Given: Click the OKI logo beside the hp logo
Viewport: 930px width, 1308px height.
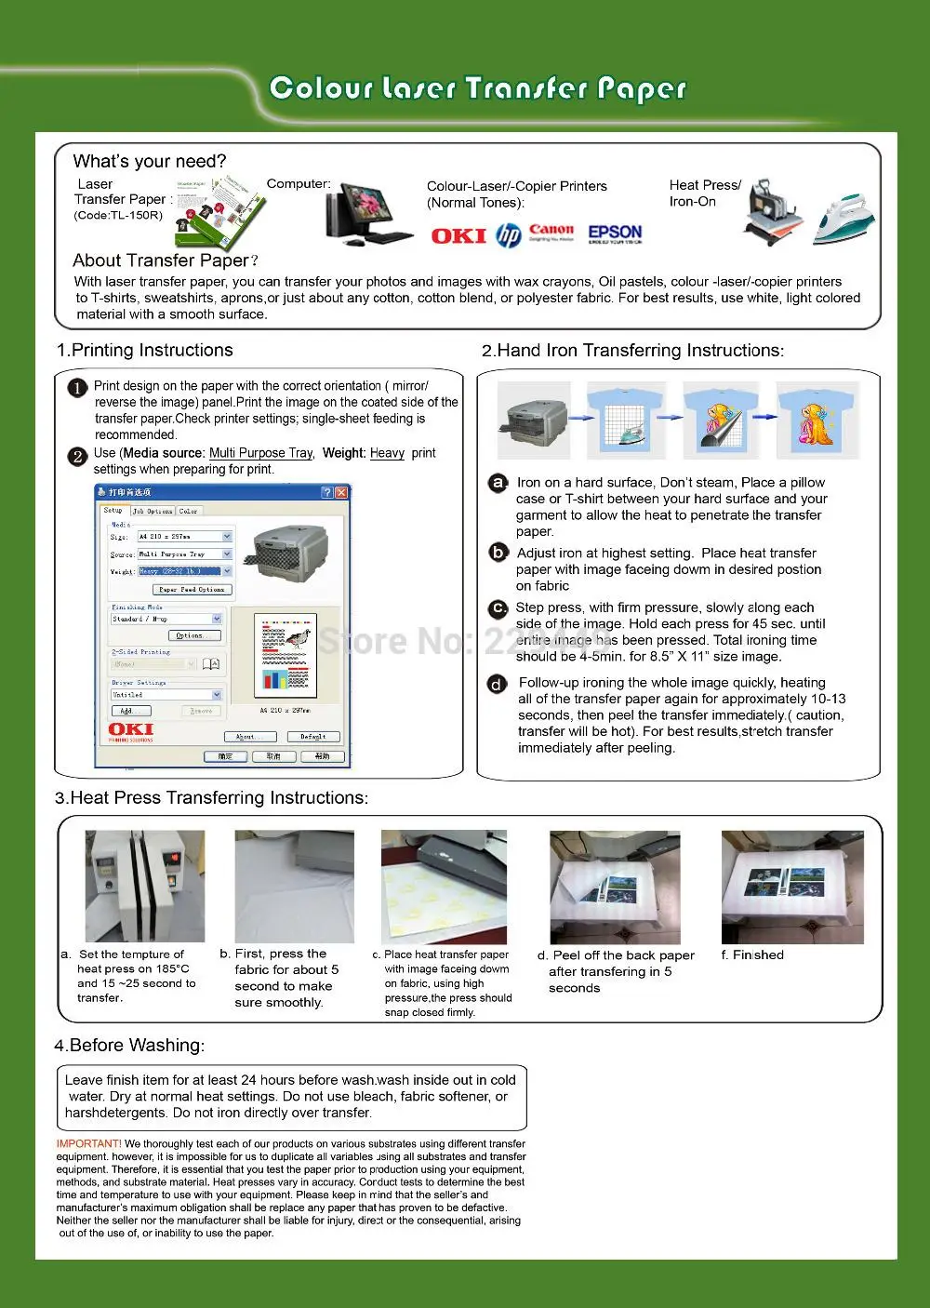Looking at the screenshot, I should pyautogui.click(x=458, y=236).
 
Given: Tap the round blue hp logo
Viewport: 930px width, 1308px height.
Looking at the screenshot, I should pyautogui.click(x=508, y=236).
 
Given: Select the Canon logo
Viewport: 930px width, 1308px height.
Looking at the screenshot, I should pyautogui.click(x=551, y=231).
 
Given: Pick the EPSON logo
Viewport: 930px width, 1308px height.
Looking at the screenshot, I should pyautogui.click(x=615, y=233).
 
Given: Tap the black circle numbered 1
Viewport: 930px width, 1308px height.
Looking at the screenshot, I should pyautogui.click(x=78, y=388).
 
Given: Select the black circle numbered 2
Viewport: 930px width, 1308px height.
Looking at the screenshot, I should pyautogui.click(x=78, y=456).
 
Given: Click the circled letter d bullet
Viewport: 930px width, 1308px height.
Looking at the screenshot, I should pyautogui.click(x=498, y=685).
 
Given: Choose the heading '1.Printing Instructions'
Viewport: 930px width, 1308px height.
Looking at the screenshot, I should pyautogui.click(x=144, y=351).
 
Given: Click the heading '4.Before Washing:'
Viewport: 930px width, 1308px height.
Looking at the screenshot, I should pyautogui.click(x=129, y=1046).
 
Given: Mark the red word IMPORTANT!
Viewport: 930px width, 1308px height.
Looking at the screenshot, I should pyautogui.click(x=88, y=1144).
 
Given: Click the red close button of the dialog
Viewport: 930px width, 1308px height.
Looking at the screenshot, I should pyautogui.click(x=341, y=492).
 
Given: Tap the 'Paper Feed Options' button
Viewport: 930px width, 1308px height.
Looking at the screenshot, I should pyautogui.click(x=192, y=590).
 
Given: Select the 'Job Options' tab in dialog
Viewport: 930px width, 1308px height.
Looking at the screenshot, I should pyautogui.click(x=152, y=511).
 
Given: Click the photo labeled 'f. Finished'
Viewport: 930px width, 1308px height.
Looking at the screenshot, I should pyautogui.click(x=792, y=887).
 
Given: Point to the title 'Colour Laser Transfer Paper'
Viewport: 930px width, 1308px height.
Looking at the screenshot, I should pyautogui.click(x=477, y=88).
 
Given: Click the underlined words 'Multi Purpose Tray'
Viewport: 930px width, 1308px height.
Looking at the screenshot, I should pyautogui.click(x=260, y=453).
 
